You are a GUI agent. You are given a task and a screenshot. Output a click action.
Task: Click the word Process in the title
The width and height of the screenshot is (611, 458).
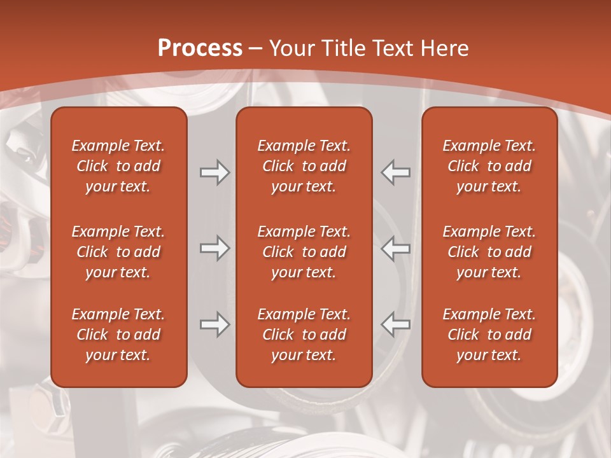coord(200,48)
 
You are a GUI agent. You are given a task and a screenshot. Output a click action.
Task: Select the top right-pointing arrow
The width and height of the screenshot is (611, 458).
coord(214,172)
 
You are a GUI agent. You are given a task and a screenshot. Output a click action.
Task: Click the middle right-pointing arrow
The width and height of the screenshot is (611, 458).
coord(214,248)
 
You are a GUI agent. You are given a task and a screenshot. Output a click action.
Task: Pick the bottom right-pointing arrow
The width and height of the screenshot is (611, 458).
coord(214,324)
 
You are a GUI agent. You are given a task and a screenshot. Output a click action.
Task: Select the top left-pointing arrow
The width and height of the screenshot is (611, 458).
coord(396,172)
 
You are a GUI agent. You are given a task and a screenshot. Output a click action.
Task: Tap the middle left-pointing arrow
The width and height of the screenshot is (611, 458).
coord(396,248)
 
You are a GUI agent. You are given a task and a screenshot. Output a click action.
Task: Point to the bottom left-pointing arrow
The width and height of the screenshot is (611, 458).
coord(396,324)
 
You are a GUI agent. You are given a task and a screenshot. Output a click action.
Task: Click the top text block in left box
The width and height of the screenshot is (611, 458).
coord(118,166)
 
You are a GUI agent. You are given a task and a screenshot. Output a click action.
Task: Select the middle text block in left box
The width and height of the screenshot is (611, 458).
coord(118,252)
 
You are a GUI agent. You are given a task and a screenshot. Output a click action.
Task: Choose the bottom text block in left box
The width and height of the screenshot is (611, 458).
coord(118,335)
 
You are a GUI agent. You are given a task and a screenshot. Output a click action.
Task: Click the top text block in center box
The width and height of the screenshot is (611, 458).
coord(304,166)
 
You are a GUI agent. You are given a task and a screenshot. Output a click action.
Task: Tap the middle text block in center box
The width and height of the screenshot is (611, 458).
coord(304,252)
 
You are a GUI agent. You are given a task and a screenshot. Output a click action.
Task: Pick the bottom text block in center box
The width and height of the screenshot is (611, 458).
coord(304,335)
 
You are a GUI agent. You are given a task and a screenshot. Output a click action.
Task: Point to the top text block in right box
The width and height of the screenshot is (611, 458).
coord(489,166)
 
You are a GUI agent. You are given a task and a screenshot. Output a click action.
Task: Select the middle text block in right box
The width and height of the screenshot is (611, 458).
coord(489,252)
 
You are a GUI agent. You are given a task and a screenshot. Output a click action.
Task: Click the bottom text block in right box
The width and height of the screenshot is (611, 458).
coord(489,335)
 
